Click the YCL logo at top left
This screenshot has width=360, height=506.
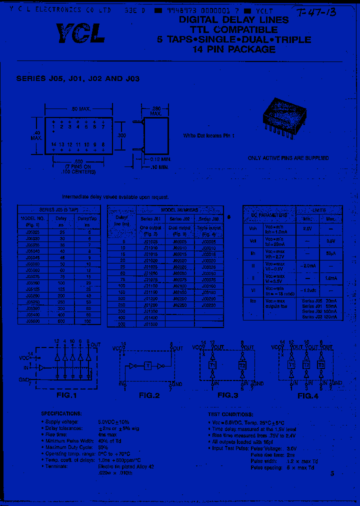[80, 33]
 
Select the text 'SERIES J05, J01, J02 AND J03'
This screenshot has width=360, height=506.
[77, 78]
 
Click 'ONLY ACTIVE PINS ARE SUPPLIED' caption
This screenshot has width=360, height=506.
[288, 158]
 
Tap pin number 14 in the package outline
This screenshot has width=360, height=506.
[53, 144]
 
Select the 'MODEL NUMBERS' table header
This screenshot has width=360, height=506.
[179, 210]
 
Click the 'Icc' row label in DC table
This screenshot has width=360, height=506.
[252, 301]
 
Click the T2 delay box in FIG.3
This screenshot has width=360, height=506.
[242, 365]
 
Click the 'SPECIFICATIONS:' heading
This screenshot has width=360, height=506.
[61, 414]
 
